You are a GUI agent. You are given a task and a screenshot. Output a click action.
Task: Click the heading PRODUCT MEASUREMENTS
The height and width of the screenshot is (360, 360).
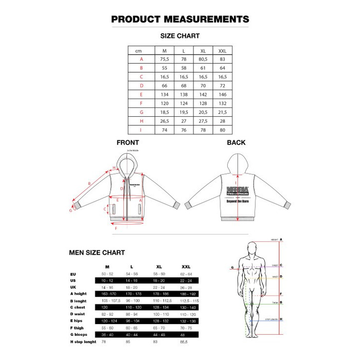[180, 20]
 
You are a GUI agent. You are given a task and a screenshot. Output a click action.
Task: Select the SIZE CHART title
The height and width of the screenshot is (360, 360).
[180, 36]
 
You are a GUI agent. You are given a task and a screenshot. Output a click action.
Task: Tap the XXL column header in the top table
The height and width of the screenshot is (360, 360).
[222, 50]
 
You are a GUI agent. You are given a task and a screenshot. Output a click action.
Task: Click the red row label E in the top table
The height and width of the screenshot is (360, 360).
[141, 95]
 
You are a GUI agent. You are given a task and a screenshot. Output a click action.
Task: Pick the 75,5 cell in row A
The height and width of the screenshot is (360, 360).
[165, 59]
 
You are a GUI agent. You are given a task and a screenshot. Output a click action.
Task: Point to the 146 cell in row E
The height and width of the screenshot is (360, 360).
[222, 95]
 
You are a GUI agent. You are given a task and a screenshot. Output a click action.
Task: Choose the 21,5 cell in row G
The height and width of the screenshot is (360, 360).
[222, 112]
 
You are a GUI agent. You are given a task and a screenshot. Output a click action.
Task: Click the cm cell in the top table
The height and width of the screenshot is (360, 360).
[138, 50]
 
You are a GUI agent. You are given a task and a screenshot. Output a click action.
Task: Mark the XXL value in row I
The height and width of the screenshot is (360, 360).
[222, 130]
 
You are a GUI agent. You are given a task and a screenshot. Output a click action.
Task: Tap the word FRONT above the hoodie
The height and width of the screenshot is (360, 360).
[128, 142]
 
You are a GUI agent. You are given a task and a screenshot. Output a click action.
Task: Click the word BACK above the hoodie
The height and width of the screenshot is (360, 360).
[236, 142]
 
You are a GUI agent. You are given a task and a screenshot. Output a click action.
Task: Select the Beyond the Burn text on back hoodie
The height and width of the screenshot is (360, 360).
[238, 202]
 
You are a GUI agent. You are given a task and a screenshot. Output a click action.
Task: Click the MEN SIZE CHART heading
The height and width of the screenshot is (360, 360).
[97, 253]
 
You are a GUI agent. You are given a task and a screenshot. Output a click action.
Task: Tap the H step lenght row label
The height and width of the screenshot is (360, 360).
[83, 341]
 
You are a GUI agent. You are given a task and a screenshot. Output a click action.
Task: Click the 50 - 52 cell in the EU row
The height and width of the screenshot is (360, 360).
[107, 275]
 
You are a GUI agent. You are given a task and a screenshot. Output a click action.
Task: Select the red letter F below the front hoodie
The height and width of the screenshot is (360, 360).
[116, 228]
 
